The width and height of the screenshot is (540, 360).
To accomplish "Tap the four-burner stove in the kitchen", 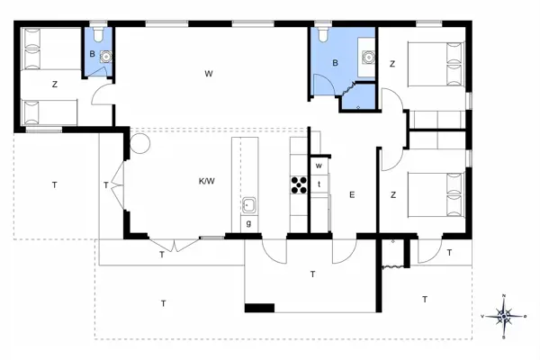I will coord(298,184).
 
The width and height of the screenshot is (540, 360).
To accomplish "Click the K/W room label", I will coord(207,182).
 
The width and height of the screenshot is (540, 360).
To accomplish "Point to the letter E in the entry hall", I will coord(352,194).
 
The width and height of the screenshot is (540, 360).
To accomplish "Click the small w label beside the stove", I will coord(319,166).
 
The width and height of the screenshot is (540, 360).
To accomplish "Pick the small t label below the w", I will coord(319,184).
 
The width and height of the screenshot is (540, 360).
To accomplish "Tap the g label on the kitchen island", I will coord(248,223).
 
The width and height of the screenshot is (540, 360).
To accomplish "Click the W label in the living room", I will coord(208,72).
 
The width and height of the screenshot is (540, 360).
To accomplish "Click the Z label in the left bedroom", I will coord(55,84).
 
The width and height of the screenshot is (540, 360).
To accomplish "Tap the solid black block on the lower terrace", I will coord(259,308).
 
